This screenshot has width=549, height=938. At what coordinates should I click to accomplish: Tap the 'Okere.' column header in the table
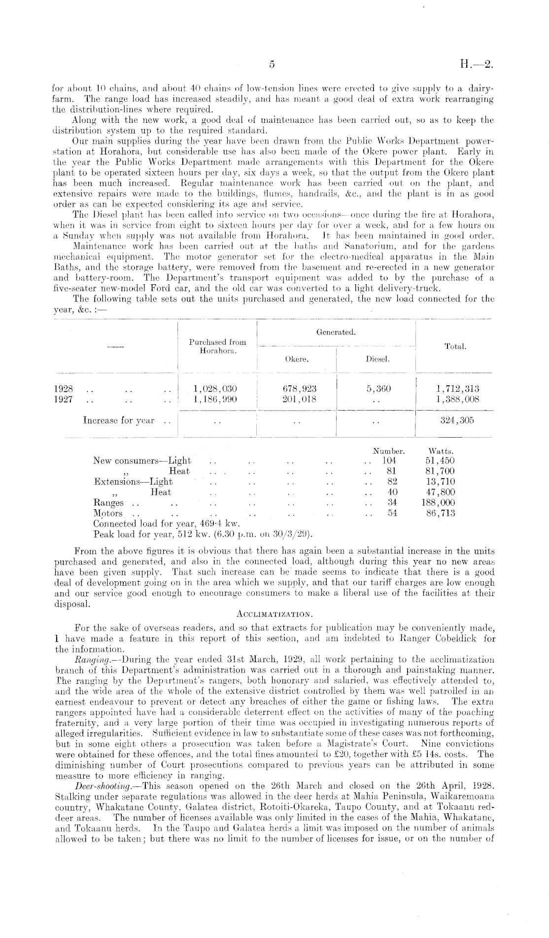(x=297, y=359)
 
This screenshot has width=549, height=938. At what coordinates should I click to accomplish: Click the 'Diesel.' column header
(x=377, y=359)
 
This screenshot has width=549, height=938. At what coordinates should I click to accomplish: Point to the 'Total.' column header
(x=455, y=347)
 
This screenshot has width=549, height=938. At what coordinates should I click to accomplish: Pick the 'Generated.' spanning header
(x=336, y=333)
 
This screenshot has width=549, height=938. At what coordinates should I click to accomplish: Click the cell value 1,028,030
(x=216, y=389)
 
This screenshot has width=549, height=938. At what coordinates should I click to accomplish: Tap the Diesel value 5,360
(x=378, y=389)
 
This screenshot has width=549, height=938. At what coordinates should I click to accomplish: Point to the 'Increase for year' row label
(x=118, y=421)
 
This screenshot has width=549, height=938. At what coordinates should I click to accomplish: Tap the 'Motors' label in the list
(x=108, y=513)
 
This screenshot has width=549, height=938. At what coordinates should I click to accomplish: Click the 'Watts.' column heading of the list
(x=441, y=451)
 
